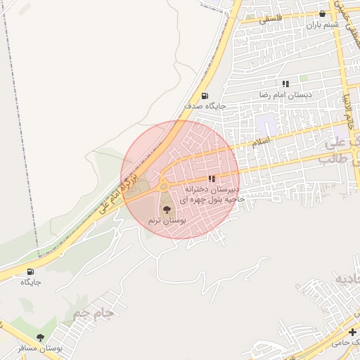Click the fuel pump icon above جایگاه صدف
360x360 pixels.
point(204,96)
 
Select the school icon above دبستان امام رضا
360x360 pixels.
point(285,84)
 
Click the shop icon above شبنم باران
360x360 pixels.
point(323,13)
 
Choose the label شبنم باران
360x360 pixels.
point(322,24)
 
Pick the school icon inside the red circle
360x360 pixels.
point(212,179)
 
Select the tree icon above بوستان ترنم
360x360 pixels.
point(166,209)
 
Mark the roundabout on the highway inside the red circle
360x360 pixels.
point(164,186)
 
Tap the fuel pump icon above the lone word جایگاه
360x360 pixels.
point(30,271)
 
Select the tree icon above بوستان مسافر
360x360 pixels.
point(40,338)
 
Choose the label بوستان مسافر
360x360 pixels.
point(41,348)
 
